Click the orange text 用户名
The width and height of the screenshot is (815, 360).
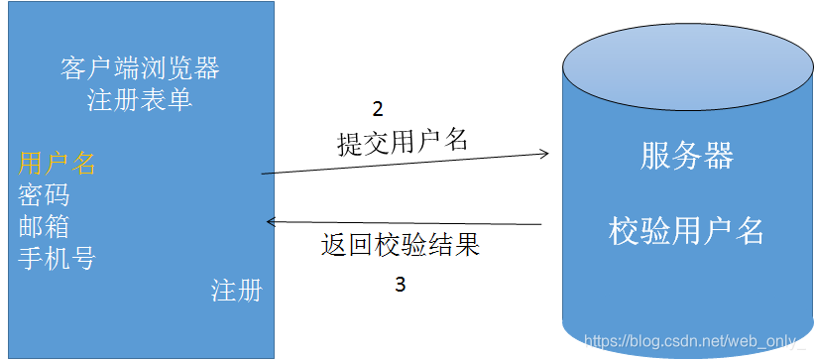point(58,164)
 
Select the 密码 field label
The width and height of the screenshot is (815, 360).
point(45,194)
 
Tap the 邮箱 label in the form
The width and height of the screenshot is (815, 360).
point(45,226)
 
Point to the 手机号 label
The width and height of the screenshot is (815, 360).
point(58,258)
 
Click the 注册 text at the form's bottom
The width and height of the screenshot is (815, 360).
point(237,291)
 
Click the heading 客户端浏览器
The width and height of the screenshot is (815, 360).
point(140,69)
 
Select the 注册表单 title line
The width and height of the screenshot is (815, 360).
point(140,100)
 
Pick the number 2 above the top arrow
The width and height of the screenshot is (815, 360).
point(377,109)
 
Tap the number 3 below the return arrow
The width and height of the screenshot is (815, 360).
point(400,285)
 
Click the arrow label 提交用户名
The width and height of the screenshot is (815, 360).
point(402,142)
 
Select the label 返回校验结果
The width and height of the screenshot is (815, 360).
point(401,245)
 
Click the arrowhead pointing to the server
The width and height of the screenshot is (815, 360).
point(543,153)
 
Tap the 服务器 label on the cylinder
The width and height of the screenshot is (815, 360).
point(687,157)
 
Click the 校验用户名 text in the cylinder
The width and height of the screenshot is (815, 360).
point(687,231)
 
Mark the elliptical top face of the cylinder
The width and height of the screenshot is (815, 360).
point(686,70)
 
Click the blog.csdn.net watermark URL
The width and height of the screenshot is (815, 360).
point(693,341)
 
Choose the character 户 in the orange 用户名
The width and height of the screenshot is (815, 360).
point(58,164)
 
